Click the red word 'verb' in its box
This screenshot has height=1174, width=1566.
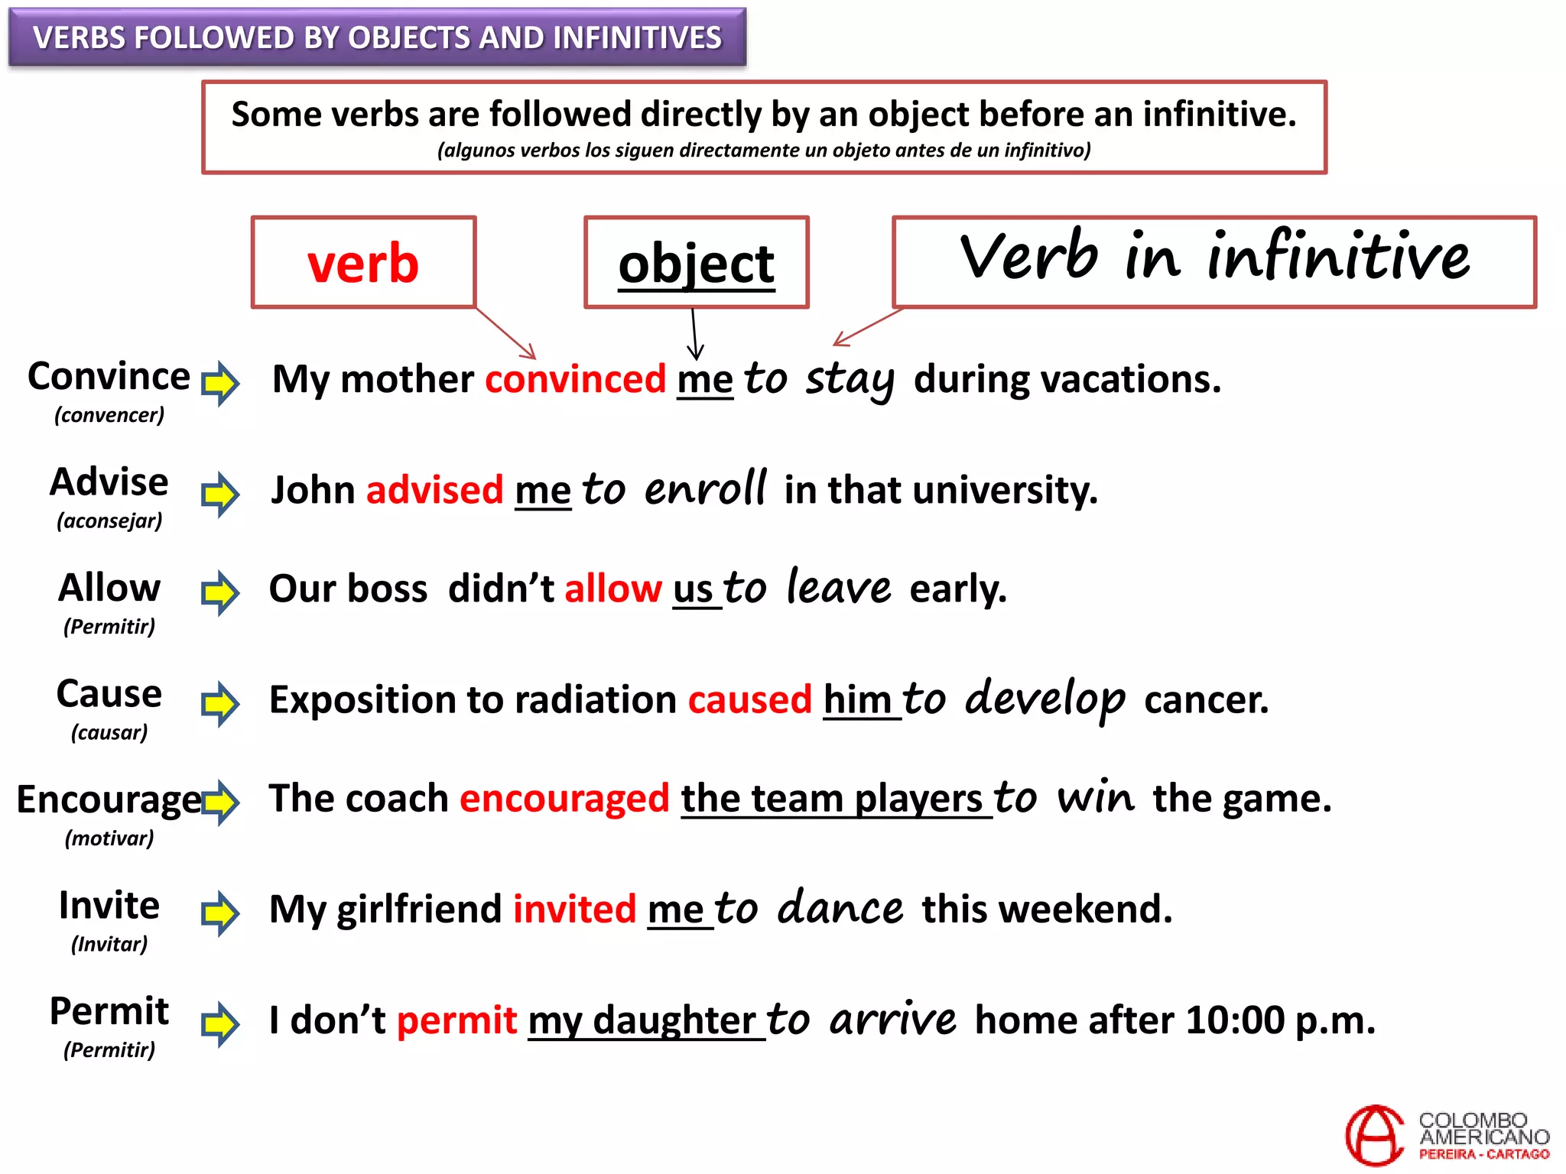tap(363, 264)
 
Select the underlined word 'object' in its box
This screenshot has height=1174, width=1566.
tap(696, 264)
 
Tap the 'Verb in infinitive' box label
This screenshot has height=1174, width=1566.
tap(1214, 258)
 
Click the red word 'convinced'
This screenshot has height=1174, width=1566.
tap(575, 379)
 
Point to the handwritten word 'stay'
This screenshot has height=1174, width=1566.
tap(849, 380)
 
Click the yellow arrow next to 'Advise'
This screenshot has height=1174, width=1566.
tap(220, 494)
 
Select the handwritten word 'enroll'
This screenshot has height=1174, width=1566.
tap(704, 489)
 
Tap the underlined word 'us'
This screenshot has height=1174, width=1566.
tap(693, 589)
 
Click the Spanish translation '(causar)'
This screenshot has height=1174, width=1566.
tap(109, 732)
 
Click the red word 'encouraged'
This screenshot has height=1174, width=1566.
tap(564, 799)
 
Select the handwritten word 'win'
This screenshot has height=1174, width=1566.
tap(1095, 799)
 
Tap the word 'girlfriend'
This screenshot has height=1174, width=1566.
tap(419, 910)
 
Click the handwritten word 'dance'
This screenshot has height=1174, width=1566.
tap(840, 909)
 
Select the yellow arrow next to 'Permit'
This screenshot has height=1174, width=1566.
tap(220, 1023)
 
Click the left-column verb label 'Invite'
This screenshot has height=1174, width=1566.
tap(109, 906)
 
